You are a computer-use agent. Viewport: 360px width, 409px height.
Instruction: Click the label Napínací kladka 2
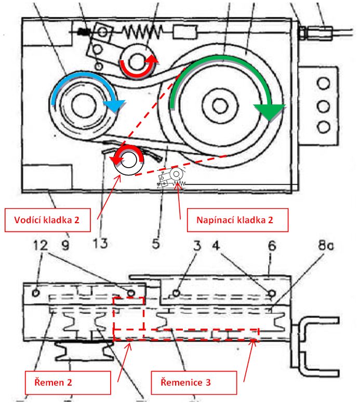[x=235, y=220]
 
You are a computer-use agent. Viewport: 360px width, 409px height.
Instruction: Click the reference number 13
[x=101, y=243]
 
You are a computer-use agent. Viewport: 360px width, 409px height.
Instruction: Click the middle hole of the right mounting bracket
[x=323, y=106]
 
